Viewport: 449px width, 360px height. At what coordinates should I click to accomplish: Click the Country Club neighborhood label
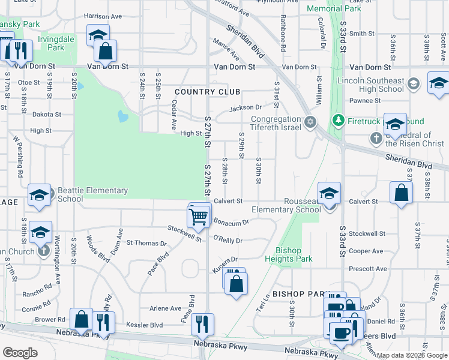[x=208, y=92]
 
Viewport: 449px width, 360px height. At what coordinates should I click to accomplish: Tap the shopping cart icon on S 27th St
[x=199, y=217]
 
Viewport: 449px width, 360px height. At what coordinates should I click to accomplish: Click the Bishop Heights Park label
[x=294, y=254]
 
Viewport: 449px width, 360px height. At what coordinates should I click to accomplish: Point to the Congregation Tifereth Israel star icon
[x=310, y=122]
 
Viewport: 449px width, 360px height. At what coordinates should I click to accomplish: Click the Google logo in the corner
[x=20, y=353]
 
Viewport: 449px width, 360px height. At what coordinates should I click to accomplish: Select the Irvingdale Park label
[x=51, y=43]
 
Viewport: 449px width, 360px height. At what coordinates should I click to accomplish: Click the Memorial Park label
[x=334, y=8]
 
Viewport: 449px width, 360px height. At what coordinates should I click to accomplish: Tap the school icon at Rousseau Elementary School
[x=329, y=194]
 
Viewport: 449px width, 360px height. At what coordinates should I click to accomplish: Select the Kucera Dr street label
[x=225, y=262]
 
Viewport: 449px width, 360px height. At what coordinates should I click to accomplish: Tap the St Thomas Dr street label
[x=146, y=243]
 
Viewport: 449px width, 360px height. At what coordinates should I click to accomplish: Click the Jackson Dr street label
[x=246, y=109]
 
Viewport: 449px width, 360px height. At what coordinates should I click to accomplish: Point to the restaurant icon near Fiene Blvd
[x=203, y=324]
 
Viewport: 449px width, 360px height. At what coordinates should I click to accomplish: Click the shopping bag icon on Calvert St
[x=401, y=193]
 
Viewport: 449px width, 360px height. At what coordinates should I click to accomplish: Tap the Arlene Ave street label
[x=165, y=308]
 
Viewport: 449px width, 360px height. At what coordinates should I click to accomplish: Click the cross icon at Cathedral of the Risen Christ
[x=376, y=139]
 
